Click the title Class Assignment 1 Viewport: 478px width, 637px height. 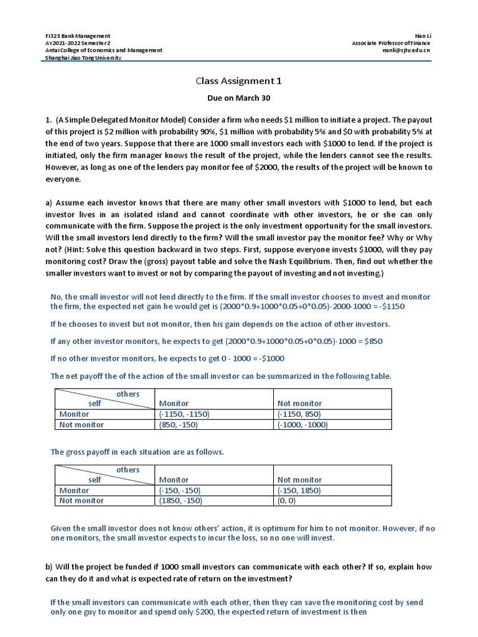pos(238,81)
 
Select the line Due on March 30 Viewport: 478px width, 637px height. pos(238,98)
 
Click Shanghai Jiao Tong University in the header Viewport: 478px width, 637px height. pos(84,58)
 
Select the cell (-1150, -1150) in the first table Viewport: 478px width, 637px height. pos(184,414)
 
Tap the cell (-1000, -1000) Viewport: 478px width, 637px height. pos(302,425)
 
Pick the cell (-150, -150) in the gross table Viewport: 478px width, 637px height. pos(180,490)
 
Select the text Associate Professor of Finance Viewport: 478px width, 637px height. pos(391,43)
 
